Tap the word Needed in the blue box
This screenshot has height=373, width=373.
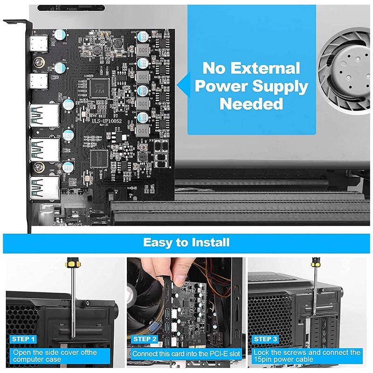[251, 103]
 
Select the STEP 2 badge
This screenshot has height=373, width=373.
[145, 339]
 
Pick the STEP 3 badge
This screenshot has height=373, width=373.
[265, 339]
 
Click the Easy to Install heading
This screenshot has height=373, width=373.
[186, 242]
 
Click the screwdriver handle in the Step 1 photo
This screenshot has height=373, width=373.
[73, 268]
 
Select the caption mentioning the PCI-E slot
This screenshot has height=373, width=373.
[186, 354]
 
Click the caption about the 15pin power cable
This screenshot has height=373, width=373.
[306, 356]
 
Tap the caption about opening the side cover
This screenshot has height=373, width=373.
[55, 356]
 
